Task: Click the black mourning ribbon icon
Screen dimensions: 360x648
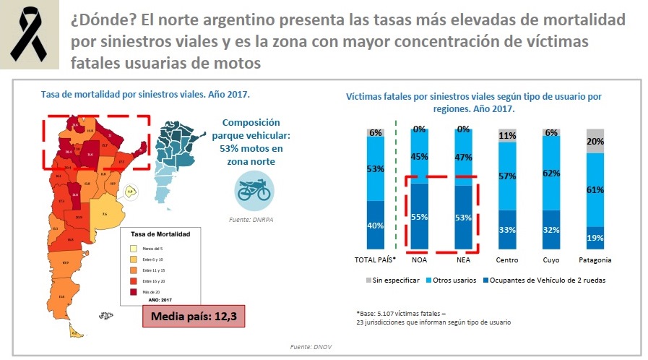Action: tap(29, 35)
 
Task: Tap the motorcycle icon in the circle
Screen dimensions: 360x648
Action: tap(254, 189)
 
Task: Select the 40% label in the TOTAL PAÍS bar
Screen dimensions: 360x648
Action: tap(375, 225)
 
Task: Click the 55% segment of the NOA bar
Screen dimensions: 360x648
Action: tap(419, 216)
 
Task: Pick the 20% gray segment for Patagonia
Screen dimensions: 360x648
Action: tap(595, 141)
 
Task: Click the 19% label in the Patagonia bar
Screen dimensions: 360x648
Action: tap(595, 238)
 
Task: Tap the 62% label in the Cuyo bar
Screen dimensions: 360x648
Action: tap(551, 173)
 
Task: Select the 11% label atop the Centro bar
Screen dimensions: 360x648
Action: tap(507, 135)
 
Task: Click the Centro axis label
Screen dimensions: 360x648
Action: tap(507, 260)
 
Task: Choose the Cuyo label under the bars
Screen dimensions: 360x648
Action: tap(551, 260)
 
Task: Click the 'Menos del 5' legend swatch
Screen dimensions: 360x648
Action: tap(134, 249)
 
